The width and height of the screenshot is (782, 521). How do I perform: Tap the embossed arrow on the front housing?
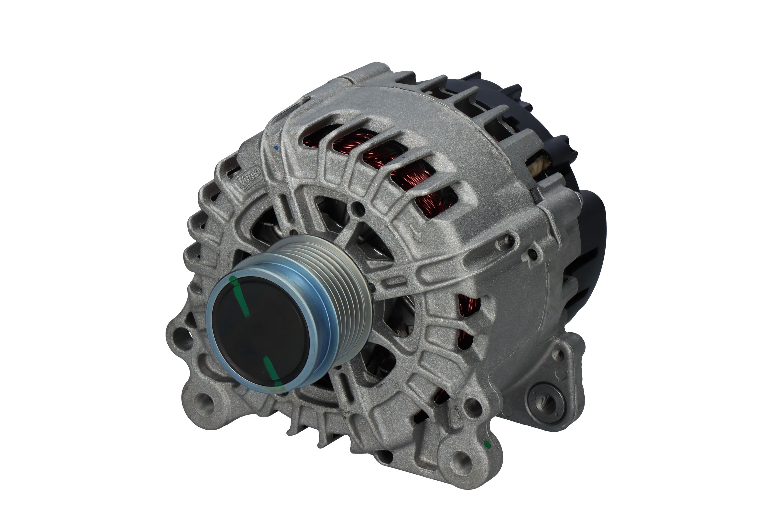pos(415,233)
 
